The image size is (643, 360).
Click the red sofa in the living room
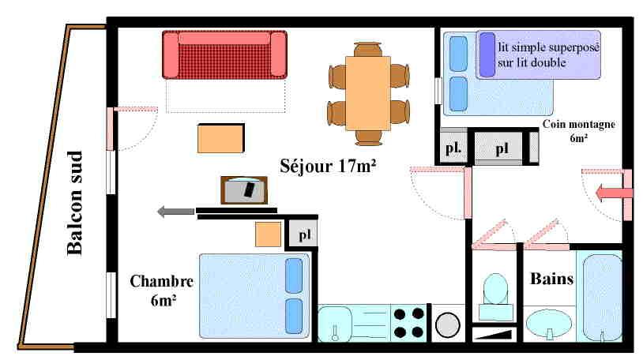[x=225, y=54]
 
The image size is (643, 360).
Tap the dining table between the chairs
[x=368, y=95]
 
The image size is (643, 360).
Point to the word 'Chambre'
[x=162, y=282]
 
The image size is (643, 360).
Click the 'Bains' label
[x=551, y=279]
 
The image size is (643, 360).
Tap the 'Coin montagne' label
[x=579, y=124]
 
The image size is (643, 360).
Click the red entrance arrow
[x=613, y=192]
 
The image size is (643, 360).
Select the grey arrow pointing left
[x=175, y=211]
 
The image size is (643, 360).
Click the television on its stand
[x=243, y=190]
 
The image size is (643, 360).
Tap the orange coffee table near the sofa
[x=220, y=139]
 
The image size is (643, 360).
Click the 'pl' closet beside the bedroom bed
[x=304, y=234]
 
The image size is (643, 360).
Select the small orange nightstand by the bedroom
[x=269, y=234]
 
